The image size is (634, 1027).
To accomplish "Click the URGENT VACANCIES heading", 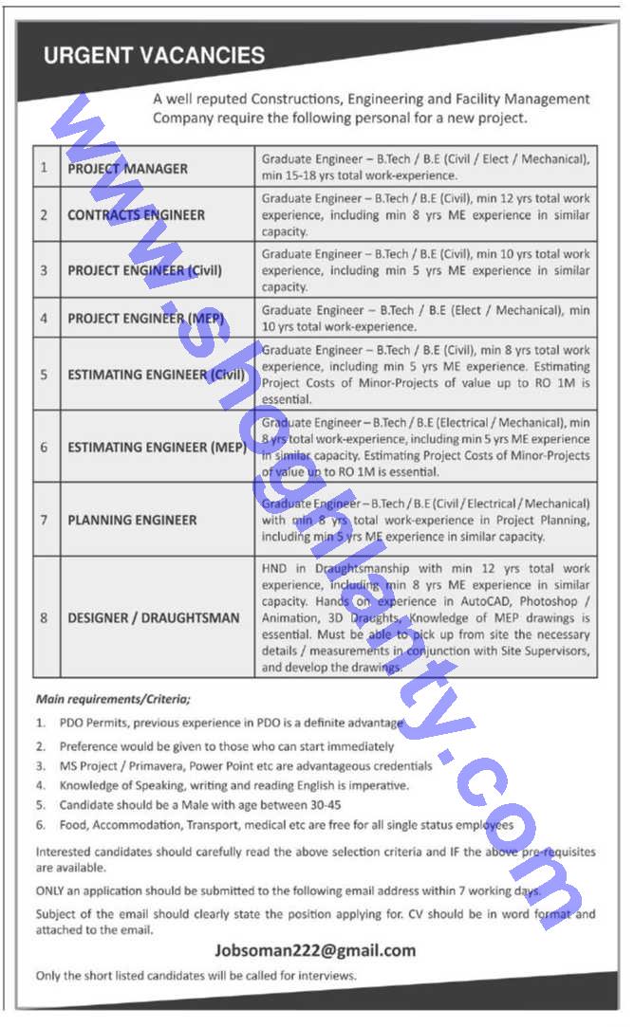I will coord(154,55).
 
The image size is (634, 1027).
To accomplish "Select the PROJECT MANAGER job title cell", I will coord(127,169).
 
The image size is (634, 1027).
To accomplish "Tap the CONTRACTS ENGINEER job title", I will coord(136,215).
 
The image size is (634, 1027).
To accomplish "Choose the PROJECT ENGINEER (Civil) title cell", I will coord(144,270).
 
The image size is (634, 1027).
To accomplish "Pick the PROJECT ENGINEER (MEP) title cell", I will coord(144,318).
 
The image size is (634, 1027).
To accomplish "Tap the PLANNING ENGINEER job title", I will coord(132,520).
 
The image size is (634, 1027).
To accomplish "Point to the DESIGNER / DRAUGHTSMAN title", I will coord(153,617).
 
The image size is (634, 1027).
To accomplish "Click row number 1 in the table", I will coord(44,168).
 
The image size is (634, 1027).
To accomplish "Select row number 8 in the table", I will coord(44,617).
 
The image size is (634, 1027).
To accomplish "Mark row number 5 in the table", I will coord(44,375).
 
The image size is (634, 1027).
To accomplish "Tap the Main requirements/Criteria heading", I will coord(113,699).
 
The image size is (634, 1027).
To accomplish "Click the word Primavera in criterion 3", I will coord(155,765).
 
